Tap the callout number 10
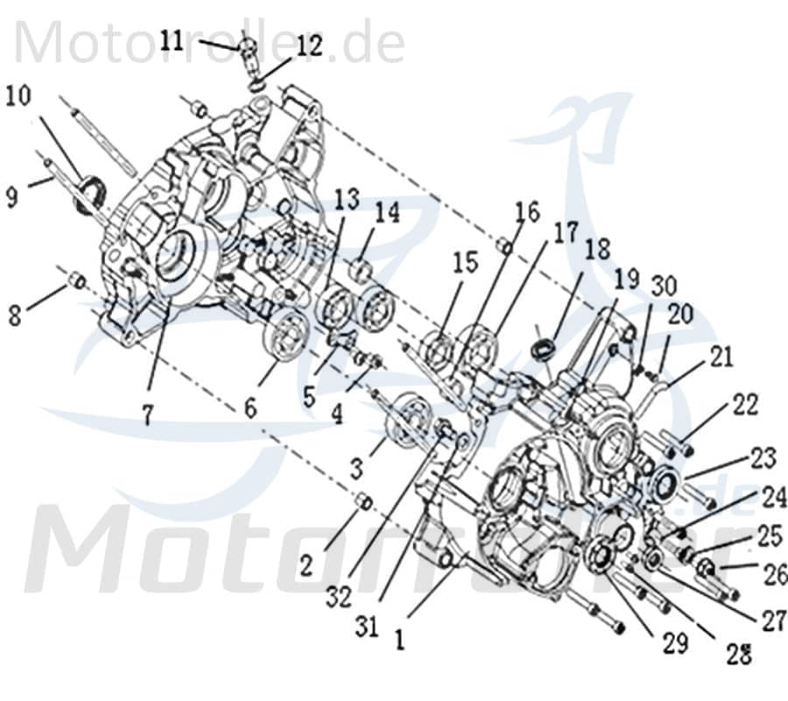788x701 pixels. [18, 95]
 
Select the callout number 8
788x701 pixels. [15, 314]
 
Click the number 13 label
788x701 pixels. [347, 199]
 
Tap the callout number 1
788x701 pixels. [399, 640]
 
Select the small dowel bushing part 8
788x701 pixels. [77, 280]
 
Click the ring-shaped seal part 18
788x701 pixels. [543, 348]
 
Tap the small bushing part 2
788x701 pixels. [363, 501]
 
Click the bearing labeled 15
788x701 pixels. [437, 352]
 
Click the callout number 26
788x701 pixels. [775, 575]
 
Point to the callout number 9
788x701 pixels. [11, 197]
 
